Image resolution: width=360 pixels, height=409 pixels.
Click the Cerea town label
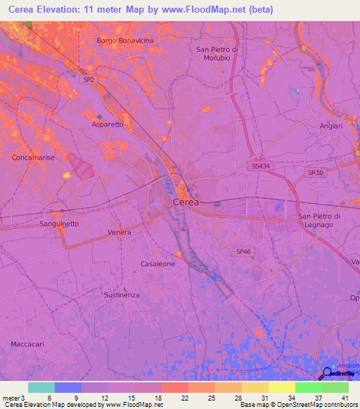pyautogui.click(x=186, y=202)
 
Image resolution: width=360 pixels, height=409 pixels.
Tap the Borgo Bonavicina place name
pyautogui.click(x=125, y=41)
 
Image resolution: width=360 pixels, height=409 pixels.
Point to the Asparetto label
pyautogui.click(x=108, y=124)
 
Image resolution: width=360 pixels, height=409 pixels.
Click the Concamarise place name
pyautogui.click(x=33, y=158)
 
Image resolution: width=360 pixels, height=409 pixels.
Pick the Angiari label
pyautogui.click(x=330, y=126)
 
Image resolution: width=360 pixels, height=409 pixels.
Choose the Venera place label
pyautogui.click(x=120, y=232)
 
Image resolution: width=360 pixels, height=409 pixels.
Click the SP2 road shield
pyautogui.click(x=89, y=80)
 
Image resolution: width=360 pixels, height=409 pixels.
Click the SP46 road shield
pyautogui.click(x=243, y=250)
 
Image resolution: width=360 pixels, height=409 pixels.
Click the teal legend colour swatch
pyautogui.click(x=41, y=387)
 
